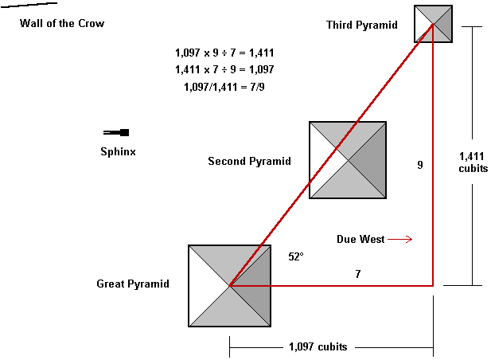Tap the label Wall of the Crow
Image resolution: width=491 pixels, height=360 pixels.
(x=62, y=24)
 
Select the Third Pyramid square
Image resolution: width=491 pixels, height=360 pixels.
(x=433, y=23)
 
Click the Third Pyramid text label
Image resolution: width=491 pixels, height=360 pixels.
(x=361, y=25)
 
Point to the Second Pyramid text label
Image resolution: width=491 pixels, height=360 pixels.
(x=249, y=162)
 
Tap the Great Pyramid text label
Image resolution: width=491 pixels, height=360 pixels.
(x=133, y=284)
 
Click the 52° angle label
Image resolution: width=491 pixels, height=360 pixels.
(x=297, y=257)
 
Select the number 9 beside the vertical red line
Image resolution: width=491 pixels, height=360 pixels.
(x=419, y=165)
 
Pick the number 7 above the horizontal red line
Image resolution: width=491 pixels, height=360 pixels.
(x=357, y=274)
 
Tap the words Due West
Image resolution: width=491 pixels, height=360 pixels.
(x=360, y=239)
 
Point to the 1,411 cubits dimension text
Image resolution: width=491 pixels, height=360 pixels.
(x=473, y=162)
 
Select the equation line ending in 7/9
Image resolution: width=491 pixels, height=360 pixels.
(x=224, y=86)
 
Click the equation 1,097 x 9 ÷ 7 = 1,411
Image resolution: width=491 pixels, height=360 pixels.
(x=224, y=53)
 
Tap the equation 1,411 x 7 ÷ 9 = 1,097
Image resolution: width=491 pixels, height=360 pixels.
(x=224, y=69)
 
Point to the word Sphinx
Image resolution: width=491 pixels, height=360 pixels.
(x=118, y=151)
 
